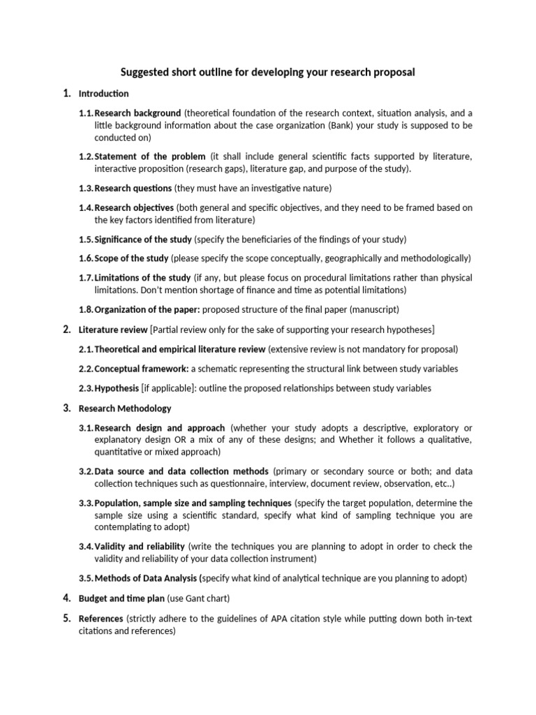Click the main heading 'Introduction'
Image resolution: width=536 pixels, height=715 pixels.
click(103, 94)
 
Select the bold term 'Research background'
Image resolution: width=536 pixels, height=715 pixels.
click(138, 113)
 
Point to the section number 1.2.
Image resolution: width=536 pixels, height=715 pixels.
click(86, 156)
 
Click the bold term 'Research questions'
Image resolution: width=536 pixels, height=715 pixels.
click(133, 188)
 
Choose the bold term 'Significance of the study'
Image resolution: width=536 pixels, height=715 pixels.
click(143, 239)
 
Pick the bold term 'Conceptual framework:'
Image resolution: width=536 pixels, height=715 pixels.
click(141, 369)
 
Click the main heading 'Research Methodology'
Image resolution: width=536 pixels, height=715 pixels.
click(124, 408)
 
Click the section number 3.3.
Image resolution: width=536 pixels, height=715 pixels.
click(86, 503)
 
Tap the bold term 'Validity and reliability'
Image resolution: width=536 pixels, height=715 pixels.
click(140, 546)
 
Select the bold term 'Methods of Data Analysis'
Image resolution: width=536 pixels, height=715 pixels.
click(146, 578)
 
